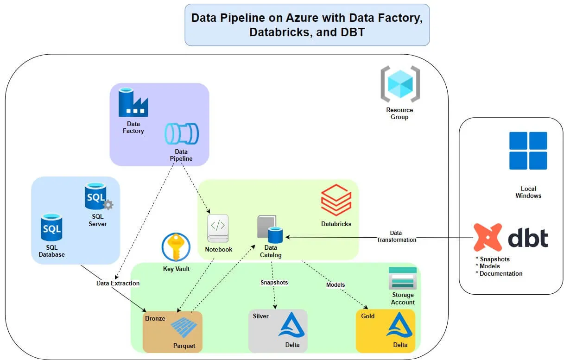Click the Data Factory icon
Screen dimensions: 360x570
coord(133,102)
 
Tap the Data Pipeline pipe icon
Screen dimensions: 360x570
coord(182,134)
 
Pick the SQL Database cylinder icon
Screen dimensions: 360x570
coord(51,227)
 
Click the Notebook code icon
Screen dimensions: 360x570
coord(218,228)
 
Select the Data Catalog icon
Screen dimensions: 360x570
coord(270,229)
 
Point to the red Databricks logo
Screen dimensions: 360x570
coord(336,200)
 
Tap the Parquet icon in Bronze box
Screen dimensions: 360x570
coord(184,328)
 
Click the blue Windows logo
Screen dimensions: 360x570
coord(528,151)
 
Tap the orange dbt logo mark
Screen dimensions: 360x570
coord(488,238)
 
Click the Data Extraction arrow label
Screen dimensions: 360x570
coord(118,283)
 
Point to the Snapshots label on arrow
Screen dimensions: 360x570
coord(274,282)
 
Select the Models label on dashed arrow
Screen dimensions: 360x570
coord(336,284)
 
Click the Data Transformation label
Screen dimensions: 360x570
coord(396,236)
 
